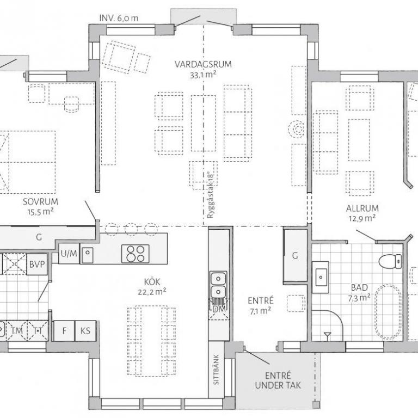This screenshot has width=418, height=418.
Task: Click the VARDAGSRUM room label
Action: tap(203, 65)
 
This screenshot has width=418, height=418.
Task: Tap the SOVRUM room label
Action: tap(40, 201)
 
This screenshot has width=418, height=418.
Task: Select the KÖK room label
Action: tap(152, 282)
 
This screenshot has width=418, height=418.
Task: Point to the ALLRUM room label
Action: tap(362, 208)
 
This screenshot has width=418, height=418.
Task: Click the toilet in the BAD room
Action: tap(391, 261)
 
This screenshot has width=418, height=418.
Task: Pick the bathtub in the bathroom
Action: tap(389, 312)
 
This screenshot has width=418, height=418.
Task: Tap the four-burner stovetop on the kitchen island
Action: tap(136, 254)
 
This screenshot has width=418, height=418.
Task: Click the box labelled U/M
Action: tap(69, 254)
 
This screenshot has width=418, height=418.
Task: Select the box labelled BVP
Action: tap(37, 264)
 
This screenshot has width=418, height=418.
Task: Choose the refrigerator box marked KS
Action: tap(85, 331)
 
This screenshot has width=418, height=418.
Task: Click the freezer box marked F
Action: tap(64, 331)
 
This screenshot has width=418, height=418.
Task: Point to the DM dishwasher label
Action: tap(219, 309)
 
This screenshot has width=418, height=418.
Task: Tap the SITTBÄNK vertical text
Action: tap(216, 370)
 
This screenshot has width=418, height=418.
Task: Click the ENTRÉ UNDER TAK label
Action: tap(278, 380)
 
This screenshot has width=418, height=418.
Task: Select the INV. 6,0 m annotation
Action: tap(119, 18)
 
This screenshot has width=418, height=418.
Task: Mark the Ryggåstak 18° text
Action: tap(210, 195)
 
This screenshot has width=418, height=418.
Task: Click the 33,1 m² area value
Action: tap(203, 75)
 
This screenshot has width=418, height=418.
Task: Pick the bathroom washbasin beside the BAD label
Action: tap(321, 277)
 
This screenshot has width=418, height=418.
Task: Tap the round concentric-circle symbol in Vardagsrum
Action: tap(297, 129)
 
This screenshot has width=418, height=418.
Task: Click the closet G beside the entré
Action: tap(296, 255)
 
